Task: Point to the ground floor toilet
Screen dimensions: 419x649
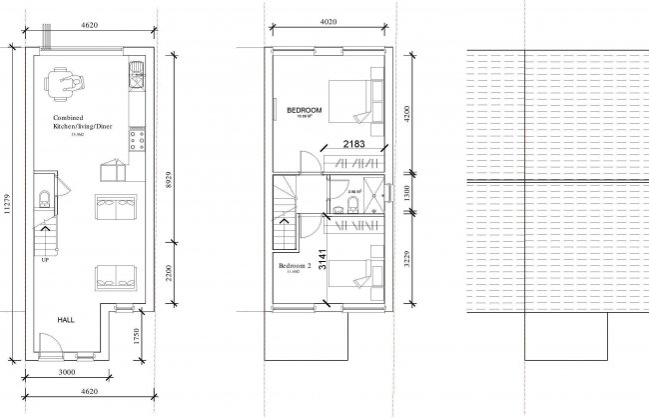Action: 42,196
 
